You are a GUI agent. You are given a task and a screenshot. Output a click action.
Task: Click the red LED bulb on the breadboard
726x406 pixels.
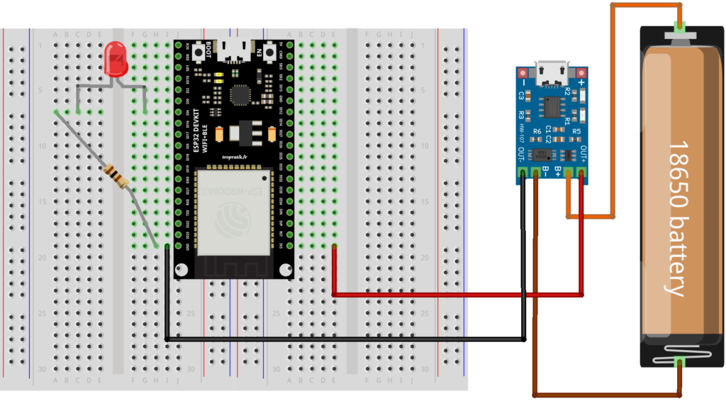(115, 59)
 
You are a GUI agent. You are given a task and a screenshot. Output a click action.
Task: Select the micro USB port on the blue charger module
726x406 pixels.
(550, 72)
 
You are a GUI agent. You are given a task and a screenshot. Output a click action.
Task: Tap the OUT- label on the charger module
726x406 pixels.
(521, 155)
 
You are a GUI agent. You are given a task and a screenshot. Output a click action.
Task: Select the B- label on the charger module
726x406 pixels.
(545, 171)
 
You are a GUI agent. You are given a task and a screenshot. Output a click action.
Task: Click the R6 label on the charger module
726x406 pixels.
(537, 131)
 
